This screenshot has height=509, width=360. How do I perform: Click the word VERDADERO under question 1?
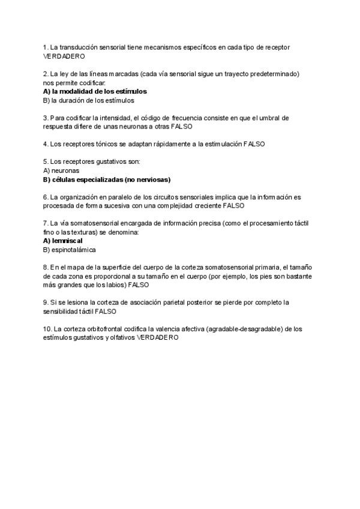[x=64, y=56]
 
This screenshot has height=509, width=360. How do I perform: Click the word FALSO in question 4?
[x=254, y=144]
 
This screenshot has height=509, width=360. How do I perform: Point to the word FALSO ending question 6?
[x=234, y=205]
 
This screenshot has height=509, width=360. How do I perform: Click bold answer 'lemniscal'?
[x=67, y=241]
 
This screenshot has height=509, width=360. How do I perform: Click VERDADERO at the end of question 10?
[x=158, y=338]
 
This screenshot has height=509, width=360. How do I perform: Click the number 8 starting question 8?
[x=45, y=267]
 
